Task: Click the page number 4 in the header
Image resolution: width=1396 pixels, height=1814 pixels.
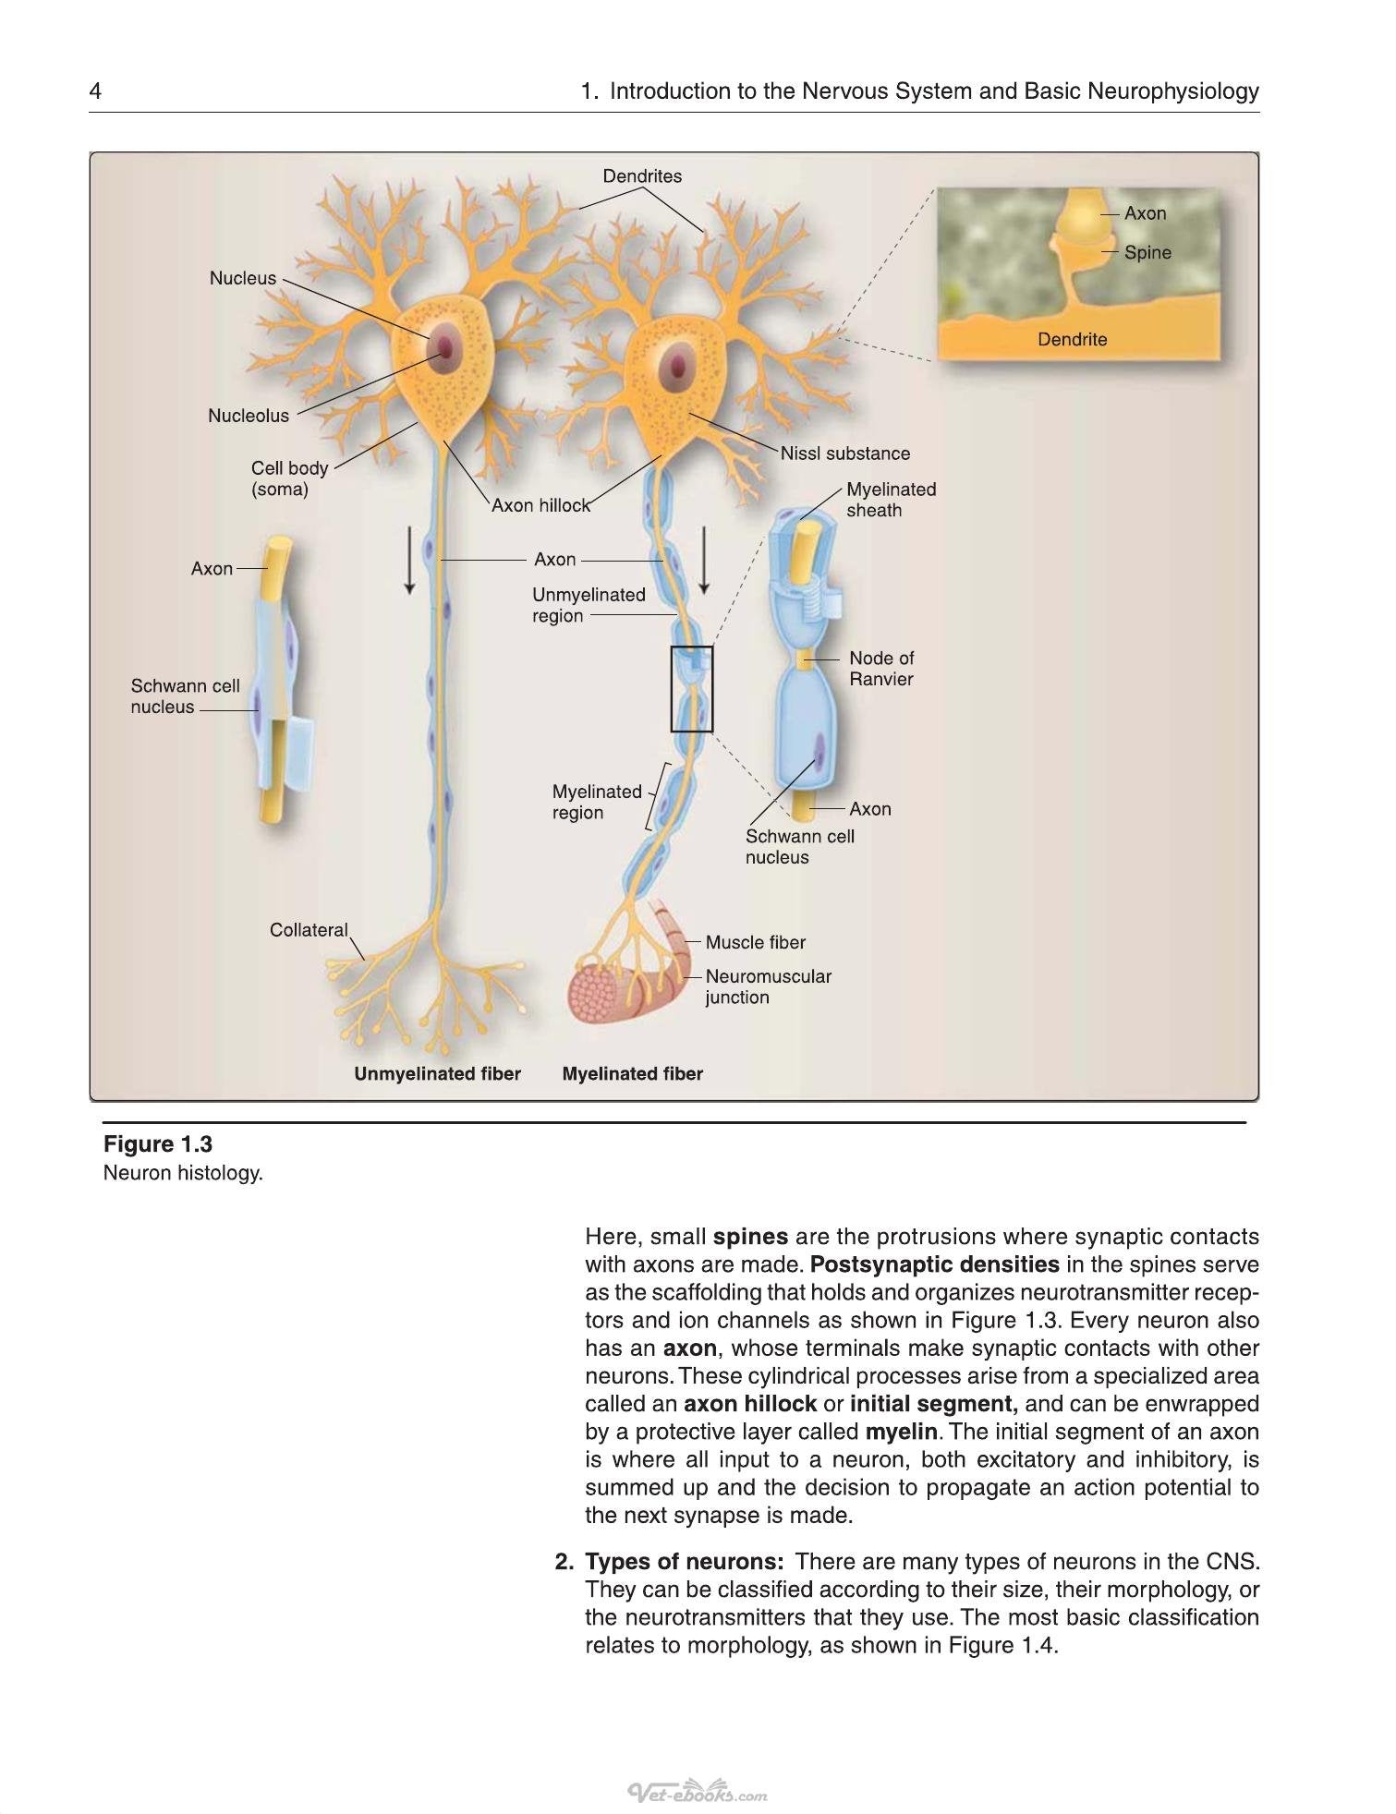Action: (95, 91)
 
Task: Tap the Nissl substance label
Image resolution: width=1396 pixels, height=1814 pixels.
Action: (844, 453)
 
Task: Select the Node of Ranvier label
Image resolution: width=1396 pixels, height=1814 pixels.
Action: (881, 669)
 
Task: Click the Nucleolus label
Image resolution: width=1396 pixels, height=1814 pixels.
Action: (249, 416)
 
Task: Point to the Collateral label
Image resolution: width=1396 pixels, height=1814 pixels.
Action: (309, 930)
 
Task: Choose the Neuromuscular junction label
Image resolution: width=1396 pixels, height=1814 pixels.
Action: (768, 986)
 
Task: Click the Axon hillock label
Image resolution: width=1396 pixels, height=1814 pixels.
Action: (540, 505)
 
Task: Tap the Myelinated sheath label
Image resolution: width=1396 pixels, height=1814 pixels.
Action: (891, 500)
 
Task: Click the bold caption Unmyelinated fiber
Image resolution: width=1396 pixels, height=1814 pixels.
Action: (437, 1073)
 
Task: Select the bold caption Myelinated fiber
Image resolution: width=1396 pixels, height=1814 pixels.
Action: (632, 1073)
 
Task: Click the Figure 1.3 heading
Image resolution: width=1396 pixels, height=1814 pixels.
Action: (158, 1144)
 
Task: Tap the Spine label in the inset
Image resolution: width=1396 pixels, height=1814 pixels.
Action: (1147, 252)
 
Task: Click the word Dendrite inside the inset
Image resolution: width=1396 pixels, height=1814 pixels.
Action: (1072, 339)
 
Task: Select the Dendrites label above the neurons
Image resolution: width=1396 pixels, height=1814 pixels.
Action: (642, 176)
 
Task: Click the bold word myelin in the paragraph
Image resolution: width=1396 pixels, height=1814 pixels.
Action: (901, 1433)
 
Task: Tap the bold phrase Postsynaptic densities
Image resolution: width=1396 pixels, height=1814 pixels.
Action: (934, 1265)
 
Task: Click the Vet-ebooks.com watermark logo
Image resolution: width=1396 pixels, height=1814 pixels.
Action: (698, 1793)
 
